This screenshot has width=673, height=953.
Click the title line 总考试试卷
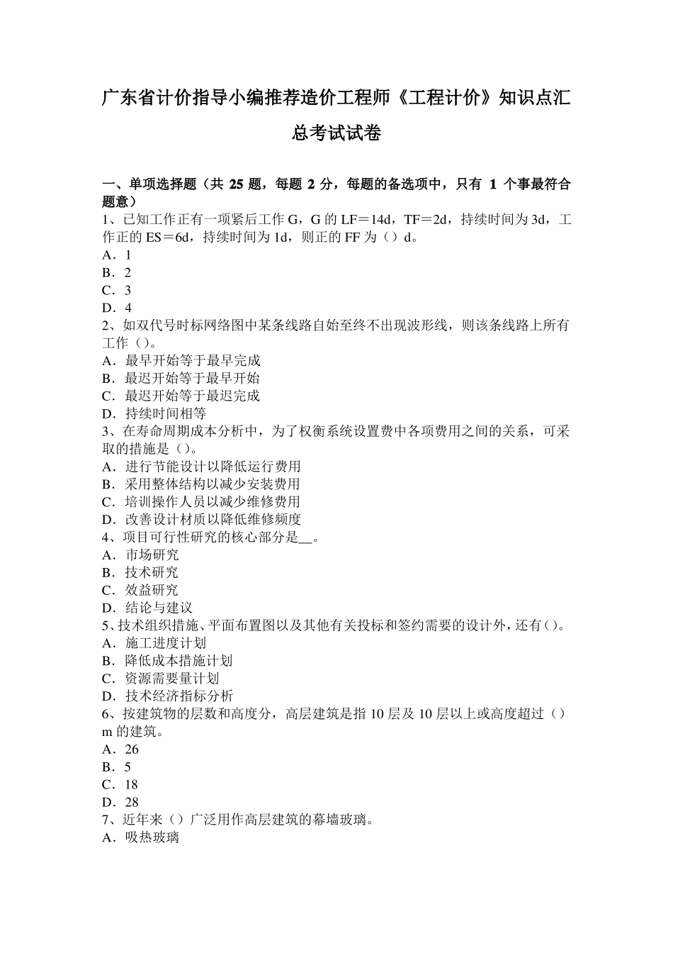pos(336,133)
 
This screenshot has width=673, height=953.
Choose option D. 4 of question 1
pos(117,308)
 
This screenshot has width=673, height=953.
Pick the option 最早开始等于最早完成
pos(192,360)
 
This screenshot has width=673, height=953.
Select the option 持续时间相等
pos(165,413)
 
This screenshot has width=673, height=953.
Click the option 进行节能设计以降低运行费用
pos(213,467)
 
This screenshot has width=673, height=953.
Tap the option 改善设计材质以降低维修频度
pos(213,519)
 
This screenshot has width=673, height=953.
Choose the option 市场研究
pos(152,554)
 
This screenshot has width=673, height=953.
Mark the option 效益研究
pos(152,590)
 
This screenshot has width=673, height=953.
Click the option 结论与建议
pos(159,608)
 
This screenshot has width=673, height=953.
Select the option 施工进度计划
pos(165,643)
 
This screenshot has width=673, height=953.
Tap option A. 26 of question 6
pos(120,749)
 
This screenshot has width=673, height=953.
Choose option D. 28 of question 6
pos(120,802)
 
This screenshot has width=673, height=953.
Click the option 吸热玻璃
pos(152,837)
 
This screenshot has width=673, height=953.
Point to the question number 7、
pos(111,820)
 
